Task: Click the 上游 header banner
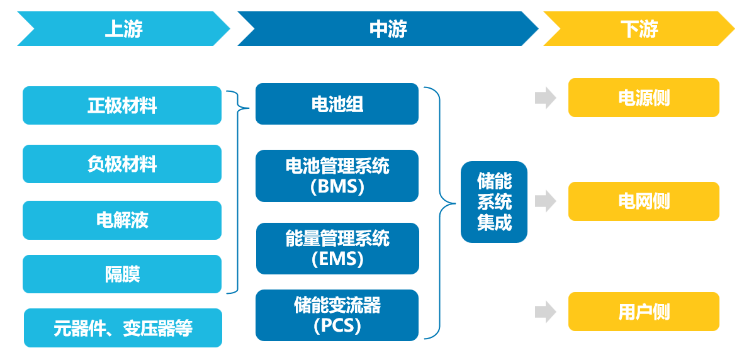(123, 29)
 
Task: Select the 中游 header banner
(387, 29)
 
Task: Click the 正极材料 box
(122, 105)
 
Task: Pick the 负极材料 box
(122, 164)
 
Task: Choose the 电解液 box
(122, 220)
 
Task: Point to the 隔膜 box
(122, 274)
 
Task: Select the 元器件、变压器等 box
(123, 327)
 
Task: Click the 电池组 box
(337, 104)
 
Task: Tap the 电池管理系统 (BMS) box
(337, 176)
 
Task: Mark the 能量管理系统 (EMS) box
(337, 248)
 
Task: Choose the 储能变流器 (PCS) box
(337, 315)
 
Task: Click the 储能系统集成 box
(494, 202)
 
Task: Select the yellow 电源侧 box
(643, 98)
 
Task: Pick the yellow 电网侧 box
(643, 201)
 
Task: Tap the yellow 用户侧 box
(643, 312)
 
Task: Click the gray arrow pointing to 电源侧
(545, 98)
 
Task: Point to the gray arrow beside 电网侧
(545, 201)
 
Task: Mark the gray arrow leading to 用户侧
(545, 312)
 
